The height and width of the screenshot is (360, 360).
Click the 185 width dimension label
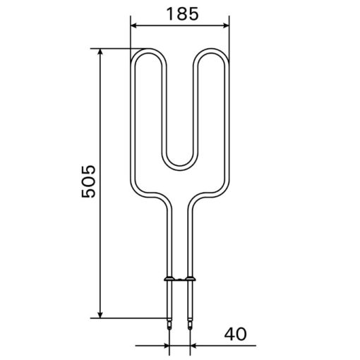pyautogui.click(x=183, y=14)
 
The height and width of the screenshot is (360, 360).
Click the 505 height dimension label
pyautogui.click(x=88, y=181)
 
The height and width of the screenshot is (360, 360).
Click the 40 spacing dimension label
pyautogui.click(x=235, y=334)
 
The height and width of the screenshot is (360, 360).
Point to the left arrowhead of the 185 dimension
pyautogui.click(x=133, y=25)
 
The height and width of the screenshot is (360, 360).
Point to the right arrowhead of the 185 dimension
pyautogui.click(x=226, y=25)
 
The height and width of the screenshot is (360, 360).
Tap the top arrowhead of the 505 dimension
pyautogui.click(x=100, y=52)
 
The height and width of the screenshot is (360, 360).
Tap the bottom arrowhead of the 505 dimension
pyautogui.click(x=100, y=315)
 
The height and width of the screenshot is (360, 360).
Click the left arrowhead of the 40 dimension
pyautogui.click(x=166, y=346)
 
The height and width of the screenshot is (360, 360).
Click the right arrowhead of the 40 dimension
pyautogui.click(x=193, y=346)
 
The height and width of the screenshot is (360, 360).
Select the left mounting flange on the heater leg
pyautogui.click(x=169, y=279)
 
